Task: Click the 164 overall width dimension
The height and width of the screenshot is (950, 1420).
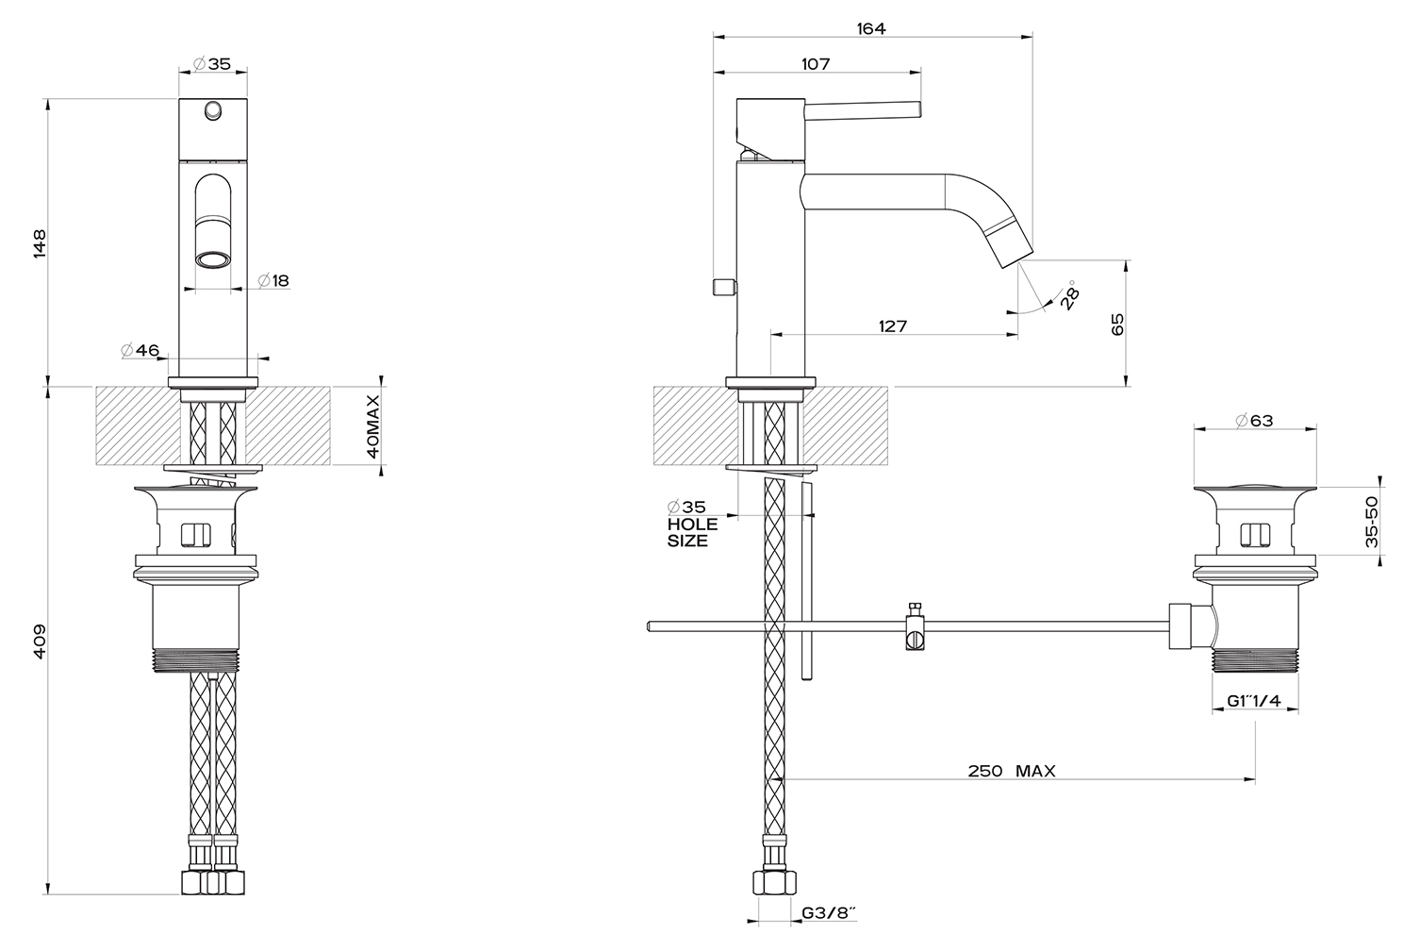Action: click(871, 28)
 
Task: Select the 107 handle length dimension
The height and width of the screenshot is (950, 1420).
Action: click(816, 64)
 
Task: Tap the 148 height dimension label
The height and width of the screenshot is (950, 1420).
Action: click(40, 242)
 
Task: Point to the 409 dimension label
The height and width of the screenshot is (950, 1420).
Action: click(40, 642)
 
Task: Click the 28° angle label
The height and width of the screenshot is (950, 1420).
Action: click(1070, 295)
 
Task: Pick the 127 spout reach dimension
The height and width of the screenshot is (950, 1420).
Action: click(893, 326)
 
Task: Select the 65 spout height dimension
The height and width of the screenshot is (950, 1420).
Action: click(1117, 325)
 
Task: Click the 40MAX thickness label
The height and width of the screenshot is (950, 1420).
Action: click(372, 426)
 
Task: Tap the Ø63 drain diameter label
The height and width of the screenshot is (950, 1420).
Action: click(1254, 421)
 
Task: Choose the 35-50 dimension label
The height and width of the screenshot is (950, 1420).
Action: click(1371, 522)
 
